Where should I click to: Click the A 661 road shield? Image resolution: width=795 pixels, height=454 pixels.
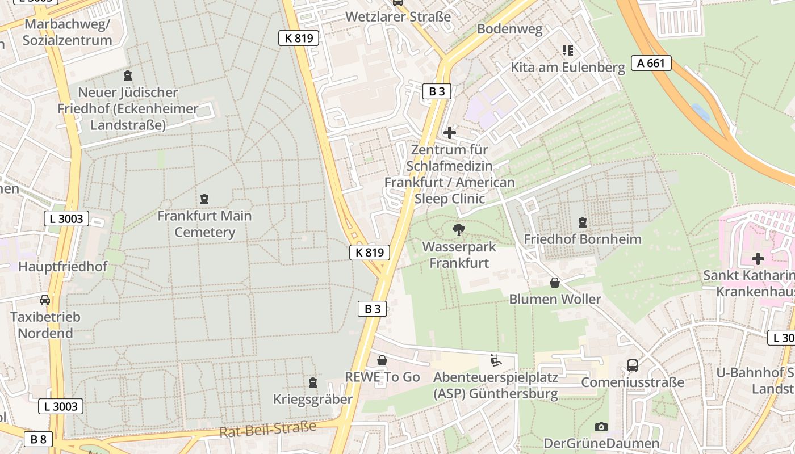[651, 63]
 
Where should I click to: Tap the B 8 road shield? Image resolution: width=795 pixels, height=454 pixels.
[39, 439]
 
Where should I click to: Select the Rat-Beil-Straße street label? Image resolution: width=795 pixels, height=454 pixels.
[267, 430]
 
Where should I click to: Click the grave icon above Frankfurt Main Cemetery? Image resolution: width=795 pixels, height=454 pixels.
[204, 199]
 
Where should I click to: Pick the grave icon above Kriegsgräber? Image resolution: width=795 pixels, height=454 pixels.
[312, 383]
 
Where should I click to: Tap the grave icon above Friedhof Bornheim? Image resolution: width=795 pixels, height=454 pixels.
[582, 222]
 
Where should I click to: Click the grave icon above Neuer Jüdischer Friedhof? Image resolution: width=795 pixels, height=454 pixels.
[128, 75]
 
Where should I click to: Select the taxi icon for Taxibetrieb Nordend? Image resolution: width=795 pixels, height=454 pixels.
[45, 300]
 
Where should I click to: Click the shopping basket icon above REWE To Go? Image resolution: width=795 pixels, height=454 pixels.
[382, 360]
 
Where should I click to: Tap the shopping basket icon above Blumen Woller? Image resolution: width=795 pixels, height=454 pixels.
[555, 283]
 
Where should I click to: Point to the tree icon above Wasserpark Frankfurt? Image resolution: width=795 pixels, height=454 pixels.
[458, 230]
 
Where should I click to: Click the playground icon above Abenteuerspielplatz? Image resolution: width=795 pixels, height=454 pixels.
[495, 360]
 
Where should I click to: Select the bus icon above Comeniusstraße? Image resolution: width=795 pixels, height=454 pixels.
[633, 365]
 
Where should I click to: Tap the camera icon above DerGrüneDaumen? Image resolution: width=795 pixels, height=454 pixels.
[601, 427]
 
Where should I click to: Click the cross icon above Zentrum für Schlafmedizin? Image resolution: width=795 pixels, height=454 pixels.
[450, 133]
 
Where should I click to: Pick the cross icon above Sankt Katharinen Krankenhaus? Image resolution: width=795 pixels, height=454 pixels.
[758, 259]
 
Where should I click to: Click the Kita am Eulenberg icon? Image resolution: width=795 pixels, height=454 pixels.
[567, 51]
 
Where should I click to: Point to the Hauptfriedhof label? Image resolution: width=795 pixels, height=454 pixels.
[62, 266]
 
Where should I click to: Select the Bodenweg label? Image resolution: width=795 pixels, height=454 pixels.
[510, 29]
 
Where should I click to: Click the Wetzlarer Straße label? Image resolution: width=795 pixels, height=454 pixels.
[398, 16]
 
